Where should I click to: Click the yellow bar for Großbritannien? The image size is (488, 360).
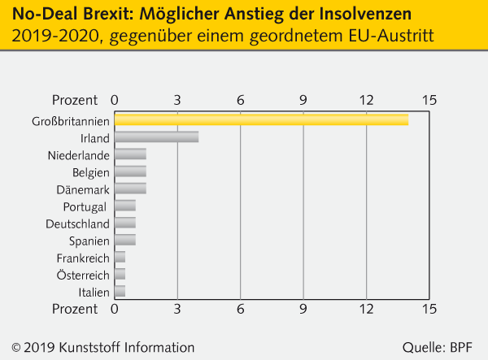261,120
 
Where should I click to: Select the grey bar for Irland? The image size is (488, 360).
156,137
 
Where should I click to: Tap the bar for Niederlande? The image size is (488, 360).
130,154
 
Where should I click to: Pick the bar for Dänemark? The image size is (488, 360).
130,189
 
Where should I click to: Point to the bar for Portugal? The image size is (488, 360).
125,206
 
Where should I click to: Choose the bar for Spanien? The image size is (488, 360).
125,240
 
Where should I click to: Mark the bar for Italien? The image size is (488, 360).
120,291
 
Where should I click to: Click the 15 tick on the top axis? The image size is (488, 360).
429,100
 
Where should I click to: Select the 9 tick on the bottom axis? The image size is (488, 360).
303,310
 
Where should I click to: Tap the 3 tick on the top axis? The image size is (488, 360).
177,100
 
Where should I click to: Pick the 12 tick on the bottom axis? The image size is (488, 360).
367,310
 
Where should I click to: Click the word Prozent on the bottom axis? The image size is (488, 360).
75,310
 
